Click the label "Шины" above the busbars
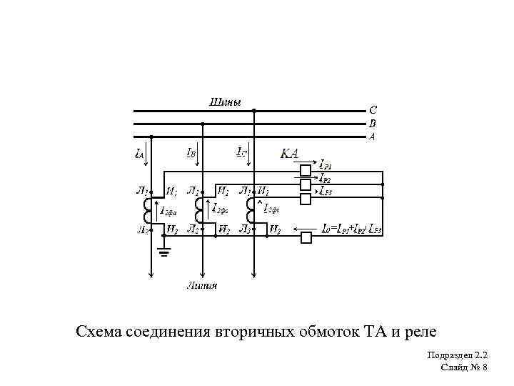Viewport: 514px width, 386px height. pyautogui.click(x=225, y=102)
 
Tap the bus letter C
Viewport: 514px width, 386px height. pyautogui.click(x=373, y=111)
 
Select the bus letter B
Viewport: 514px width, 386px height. pyautogui.click(x=372, y=123)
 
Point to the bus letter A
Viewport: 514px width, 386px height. pyautogui.click(x=372, y=136)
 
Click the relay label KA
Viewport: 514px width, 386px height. pyautogui.click(x=290, y=154)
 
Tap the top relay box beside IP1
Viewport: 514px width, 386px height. pyautogui.click(x=306, y=170)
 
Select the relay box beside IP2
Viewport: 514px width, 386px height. pyautogui.click(x=306, y=184)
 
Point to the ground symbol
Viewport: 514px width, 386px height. pyautogui.click(x=164, y=251)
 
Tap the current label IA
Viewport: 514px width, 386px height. pyautogui.click(x=139, y=153)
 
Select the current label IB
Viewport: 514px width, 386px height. pyautogui.click(x=192, y=153)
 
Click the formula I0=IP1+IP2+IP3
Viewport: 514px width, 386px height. pyautogui.click(x=353, y=229)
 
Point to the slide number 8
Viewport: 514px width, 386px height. pyautogui.click(x=484, y=367)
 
